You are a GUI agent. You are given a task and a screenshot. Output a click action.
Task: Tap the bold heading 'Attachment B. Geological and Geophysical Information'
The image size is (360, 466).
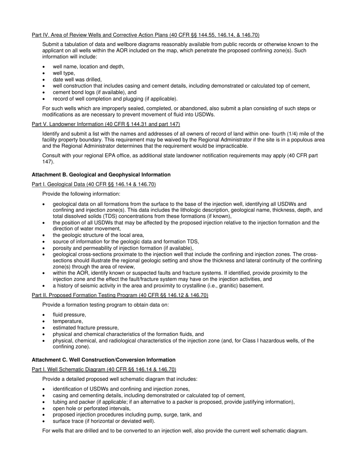pos(101,175)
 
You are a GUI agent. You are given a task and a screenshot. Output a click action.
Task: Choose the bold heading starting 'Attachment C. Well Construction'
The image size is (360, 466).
pos(103,360)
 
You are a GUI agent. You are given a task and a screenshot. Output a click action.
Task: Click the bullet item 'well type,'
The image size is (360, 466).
pos(64,73)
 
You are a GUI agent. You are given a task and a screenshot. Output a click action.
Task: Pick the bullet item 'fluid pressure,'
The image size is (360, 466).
pos(69,315)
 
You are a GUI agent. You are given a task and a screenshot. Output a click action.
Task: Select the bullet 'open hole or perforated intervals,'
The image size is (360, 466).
pos(92,408)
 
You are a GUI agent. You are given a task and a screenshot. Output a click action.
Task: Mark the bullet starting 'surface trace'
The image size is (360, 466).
pos(104,421)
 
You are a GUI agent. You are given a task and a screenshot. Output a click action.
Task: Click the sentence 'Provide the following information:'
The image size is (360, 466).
pos(81,194)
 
